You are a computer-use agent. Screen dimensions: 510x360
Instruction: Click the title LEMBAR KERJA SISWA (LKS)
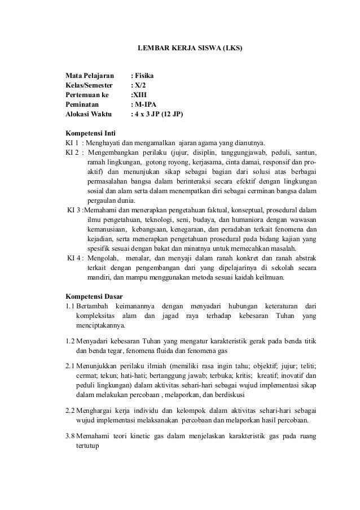click(x=190, y=49)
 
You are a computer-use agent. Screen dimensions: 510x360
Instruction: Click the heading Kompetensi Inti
click(x=91, y=133)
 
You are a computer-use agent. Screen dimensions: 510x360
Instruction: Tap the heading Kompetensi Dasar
click(x=94, y=297)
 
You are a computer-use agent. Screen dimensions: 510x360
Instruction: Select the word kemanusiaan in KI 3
click(x=107, y=230)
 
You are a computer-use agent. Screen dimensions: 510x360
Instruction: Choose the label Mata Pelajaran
click(x=90, y=75)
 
